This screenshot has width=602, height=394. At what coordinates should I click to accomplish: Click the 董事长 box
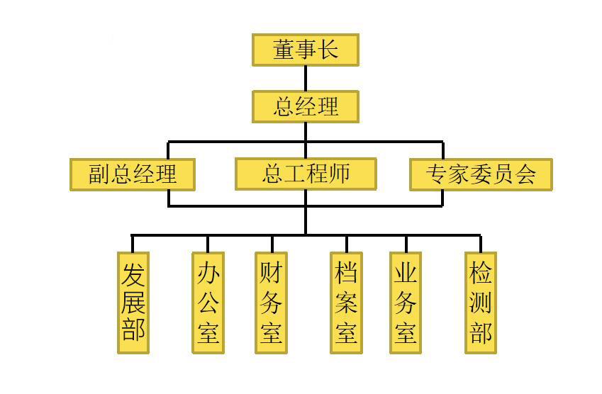click(306, 50)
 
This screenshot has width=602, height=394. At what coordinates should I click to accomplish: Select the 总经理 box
click(306, 106)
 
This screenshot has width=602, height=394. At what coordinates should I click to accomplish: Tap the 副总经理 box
click(133, 174)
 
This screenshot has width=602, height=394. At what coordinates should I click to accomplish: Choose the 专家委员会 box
click(481, 174)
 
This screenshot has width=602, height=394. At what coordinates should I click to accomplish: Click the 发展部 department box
click(133, 303)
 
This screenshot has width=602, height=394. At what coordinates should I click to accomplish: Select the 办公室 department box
click(208, 303)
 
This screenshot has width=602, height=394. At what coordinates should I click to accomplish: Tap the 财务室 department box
click(271, 303)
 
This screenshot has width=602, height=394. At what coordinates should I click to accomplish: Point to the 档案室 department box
click(346, 303)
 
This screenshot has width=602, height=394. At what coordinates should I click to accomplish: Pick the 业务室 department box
click(406, 303)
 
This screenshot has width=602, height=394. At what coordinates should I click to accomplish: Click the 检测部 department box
click(481, 303)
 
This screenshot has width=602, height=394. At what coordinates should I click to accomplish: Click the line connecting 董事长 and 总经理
click(306, 78)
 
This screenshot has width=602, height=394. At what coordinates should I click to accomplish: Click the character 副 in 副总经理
click(99, 174)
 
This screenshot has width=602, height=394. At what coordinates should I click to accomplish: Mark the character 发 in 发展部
click(133, 274)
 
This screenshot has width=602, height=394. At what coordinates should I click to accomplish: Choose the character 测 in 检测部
click(481, 303)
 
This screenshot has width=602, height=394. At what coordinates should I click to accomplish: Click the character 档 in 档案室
click(346, 273)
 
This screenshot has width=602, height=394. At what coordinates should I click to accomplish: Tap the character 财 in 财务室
click(271, 273)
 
